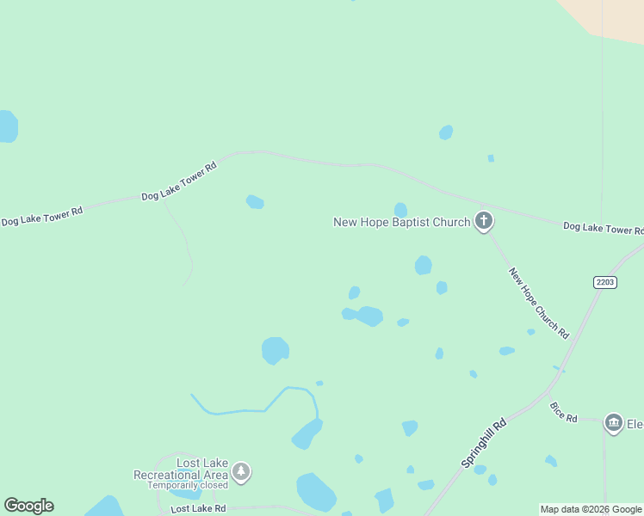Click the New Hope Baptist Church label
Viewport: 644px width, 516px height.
pos(401,223)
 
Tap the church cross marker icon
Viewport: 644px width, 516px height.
pos(484,222)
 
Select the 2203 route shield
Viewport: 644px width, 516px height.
pos(605,282)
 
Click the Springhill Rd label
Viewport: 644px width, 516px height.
pos(484,443)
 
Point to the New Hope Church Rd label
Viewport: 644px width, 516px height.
pos(539,303)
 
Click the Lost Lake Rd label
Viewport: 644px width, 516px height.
pos(198,509)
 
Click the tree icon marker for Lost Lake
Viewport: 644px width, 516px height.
pos(242,471)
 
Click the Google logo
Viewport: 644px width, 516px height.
pos(28,506)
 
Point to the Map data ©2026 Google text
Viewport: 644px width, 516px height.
pos(591,509)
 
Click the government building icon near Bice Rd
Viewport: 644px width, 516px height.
pos(613,422)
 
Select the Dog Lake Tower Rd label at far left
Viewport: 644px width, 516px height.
pos(41,216)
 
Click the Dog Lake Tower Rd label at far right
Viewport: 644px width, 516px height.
pos(603,229)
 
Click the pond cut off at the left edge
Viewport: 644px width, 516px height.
pos(7,126)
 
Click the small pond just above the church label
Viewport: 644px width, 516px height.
pos(400,209)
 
